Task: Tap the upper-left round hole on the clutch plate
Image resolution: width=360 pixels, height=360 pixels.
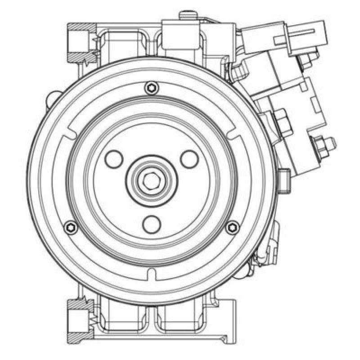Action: (113, 158)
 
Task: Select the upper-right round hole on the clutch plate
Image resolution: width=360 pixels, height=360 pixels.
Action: (189, 158)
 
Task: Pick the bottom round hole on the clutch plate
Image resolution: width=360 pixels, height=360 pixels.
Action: (152, 223)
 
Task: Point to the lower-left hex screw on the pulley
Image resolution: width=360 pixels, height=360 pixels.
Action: (70, 228)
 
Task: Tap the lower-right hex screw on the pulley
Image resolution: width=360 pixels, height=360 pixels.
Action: (232, 228)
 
